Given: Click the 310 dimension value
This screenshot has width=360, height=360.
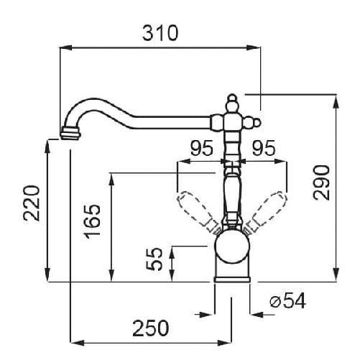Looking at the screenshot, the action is click(x=160, y=33).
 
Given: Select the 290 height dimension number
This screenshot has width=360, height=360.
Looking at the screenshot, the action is click(x=321, y=183).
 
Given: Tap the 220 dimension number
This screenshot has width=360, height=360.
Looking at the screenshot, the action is click(x=32, y=203).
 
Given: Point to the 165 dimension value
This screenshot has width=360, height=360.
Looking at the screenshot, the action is click(x=93, y=221).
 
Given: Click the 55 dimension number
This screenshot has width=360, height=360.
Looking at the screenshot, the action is click(x=154, y=259).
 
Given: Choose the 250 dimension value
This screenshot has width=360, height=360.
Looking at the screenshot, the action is click(x=151, y=328).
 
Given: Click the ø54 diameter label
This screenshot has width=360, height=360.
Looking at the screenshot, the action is click(x=287, y=301).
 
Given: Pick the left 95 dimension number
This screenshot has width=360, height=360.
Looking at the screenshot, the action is click(x=201, y=148).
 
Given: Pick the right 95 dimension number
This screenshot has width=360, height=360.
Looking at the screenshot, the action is click(x=264, y=148).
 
